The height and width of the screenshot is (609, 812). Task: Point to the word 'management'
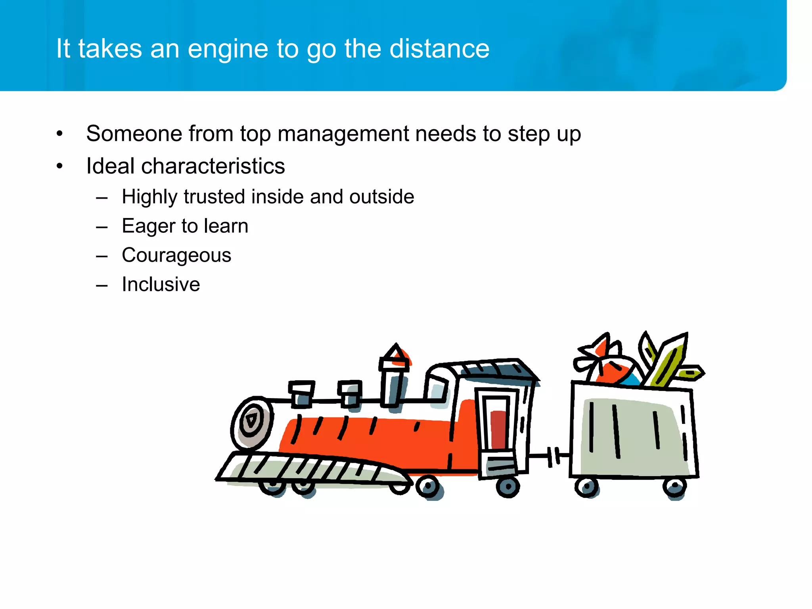[343, 134]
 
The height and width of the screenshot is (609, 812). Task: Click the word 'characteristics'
[213, 166]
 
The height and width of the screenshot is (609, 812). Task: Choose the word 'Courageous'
[176, 255]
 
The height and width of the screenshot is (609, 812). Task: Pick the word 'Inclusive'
[161, 284]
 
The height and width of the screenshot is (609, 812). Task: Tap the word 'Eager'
[148, 226]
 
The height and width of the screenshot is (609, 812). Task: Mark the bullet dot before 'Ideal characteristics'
[59, 166]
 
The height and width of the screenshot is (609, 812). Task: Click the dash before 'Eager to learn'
[102, 227]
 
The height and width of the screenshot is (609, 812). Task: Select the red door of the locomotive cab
[498, 428]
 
